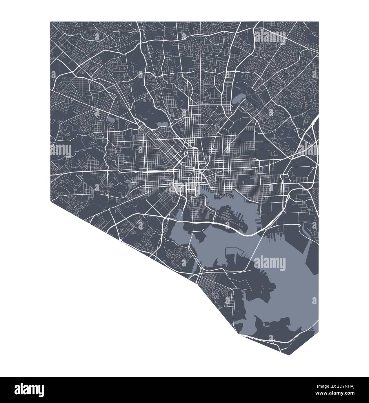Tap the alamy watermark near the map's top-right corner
point(270,36)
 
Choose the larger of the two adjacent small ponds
point(111,119)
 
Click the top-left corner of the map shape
point(50,22)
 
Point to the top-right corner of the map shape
point(319,22)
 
